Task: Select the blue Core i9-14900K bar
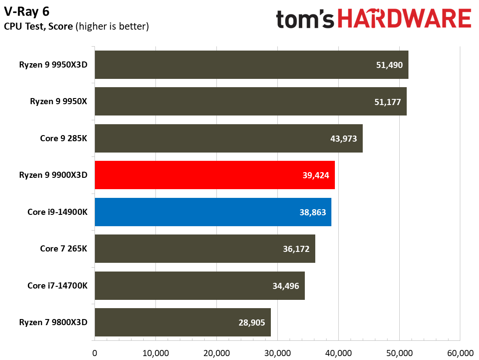(x=213, y=212)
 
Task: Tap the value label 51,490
(x=390, y=65)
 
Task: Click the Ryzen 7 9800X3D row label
(x=53, y=323)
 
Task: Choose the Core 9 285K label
(x=64, y=139)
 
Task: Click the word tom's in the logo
(x=305, y=20)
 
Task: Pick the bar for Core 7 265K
(x=205, y=249)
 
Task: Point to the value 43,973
(x=344, y=139)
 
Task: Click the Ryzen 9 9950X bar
(x=250, y=102)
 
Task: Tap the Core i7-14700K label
(x=57, y=286)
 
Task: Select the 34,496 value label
(x=286, y=286)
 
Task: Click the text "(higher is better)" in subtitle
(x=112, y=27)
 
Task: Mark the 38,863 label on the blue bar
(x=312, y=212)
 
